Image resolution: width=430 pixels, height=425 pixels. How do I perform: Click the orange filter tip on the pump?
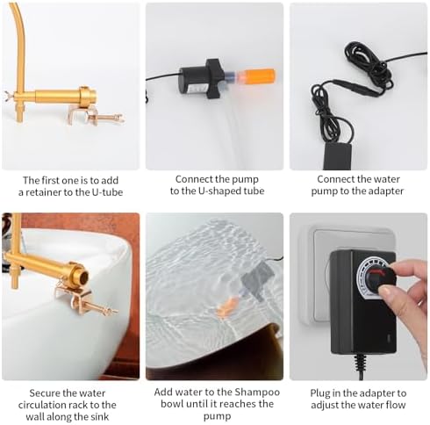coord(256,76)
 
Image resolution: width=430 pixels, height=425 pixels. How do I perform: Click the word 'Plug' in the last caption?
coord(320,393)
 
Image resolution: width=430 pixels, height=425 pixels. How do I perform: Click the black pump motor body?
coord(193,80)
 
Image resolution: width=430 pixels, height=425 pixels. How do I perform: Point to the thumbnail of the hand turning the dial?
coord(358,297)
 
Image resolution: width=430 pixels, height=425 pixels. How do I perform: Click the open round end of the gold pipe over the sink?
coord(83,275)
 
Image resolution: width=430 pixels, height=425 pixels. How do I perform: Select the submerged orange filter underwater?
coord(227,307)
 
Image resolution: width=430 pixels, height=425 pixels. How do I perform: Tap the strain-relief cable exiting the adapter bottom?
coord(361,366)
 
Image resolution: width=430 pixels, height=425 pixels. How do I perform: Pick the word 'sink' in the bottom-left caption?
coord(97,416)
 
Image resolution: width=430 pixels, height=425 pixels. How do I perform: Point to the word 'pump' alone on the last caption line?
coord(217,416)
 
